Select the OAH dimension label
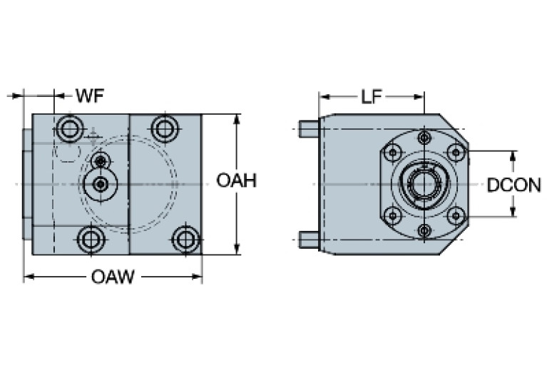[x=236, y=181]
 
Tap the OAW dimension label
[x=113, y=277]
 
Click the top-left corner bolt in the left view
[x=70, y=129]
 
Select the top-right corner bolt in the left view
[x=165, y=128]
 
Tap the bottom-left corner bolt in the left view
[x=88, y=239]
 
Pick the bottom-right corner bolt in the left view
[x=186, y=238]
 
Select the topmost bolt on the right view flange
[x=425, y=137]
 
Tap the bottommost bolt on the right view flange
[x=425, y=230]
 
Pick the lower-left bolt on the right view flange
[x=392, y=216]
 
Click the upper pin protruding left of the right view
[x=308, y=129]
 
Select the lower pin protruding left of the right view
[x=308, y=237]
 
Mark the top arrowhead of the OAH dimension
[x=236, y=118]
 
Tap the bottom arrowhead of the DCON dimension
[x=513, y=213]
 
